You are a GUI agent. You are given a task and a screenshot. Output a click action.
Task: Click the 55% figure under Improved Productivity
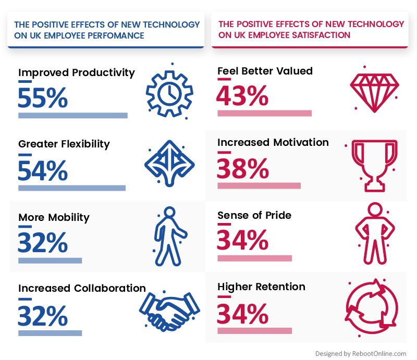[43, 97]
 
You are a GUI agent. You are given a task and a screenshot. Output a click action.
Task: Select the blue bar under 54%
[72, 188]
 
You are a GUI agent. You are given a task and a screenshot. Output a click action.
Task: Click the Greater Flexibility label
[64, 144]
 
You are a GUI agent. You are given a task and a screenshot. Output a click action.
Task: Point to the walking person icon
[170, 236]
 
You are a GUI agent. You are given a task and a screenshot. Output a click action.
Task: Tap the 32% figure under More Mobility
[43, 242]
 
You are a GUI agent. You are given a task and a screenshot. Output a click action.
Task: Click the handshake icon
[169, 311]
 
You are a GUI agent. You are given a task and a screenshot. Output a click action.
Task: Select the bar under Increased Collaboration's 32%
[50, 333]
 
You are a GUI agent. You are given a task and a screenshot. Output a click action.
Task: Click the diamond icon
[374, 92]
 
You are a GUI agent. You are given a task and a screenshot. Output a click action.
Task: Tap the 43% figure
[242, 96]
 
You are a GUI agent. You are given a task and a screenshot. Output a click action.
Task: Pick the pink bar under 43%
[265, 113]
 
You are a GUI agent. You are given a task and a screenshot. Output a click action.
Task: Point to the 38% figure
[243, 168]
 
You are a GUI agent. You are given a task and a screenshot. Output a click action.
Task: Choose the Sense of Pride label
[254, 215]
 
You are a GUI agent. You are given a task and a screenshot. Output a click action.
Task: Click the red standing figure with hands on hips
[375, 233]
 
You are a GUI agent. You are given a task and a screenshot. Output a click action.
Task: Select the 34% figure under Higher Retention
[242, 314]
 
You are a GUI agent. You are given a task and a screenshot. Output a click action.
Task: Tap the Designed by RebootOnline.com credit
[361, 354]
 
